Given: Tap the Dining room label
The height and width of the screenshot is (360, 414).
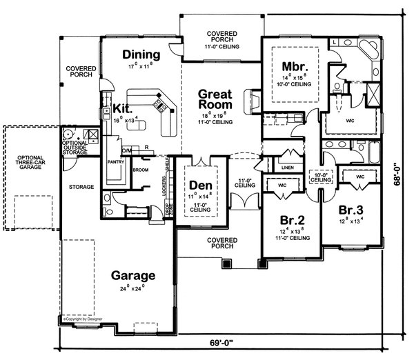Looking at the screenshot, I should (141, 54).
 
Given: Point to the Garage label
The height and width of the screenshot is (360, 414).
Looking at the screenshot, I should (133, 275).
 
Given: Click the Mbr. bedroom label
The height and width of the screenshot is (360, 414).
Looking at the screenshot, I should (295, 66).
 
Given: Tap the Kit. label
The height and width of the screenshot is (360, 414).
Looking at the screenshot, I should (123, 108).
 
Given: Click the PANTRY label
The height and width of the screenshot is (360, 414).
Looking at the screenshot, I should (115, 162).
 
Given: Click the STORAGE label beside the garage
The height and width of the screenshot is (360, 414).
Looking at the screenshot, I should (81, 186).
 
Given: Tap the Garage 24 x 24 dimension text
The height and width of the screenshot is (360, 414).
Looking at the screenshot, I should (133, 288).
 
